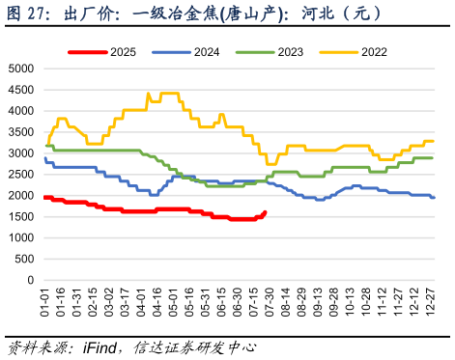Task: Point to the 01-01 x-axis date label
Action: tap(44, 301)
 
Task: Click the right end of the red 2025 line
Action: tap(266, 212)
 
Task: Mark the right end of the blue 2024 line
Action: tap(434, 197)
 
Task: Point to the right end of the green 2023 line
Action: tap(432, 157)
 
